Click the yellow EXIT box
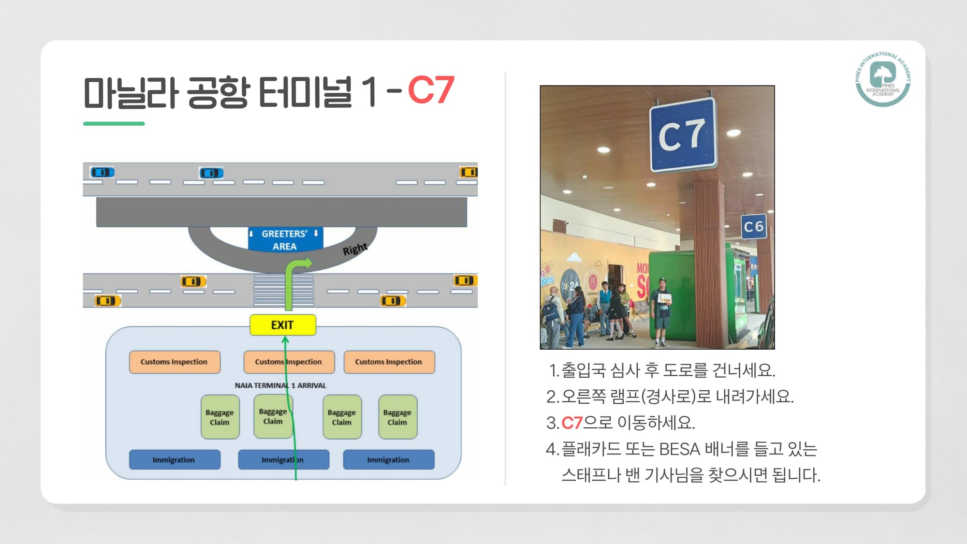[283, 325]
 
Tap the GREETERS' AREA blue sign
[284, 240]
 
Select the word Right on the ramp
[355, 249]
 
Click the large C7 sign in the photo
[682, 135]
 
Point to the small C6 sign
[753, 226]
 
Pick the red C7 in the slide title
[431, 90]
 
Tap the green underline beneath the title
[114, 124]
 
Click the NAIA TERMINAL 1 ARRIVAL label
[280, 385]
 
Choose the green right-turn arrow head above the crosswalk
[307, 264]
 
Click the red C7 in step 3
[572, 423]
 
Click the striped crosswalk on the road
[283, 291]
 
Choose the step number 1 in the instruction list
[553, 371]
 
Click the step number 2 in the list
[552, 397]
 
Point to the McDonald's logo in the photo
[593, 280]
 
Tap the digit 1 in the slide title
[370, 91]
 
